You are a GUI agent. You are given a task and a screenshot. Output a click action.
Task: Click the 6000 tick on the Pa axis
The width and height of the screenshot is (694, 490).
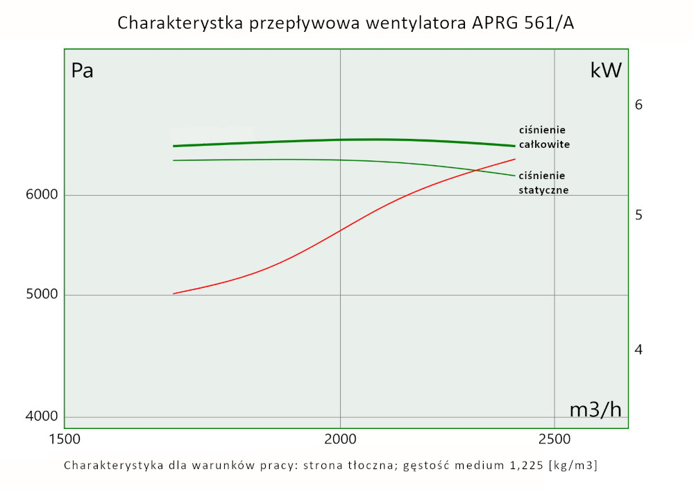[x=42, y=195]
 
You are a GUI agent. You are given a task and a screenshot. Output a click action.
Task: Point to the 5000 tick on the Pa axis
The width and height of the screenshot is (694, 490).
[x=42, y=296]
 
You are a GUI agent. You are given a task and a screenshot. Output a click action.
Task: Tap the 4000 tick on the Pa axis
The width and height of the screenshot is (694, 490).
[x=42, y=417]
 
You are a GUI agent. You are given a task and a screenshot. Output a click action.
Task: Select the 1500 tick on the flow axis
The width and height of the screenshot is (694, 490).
[x=65, y=439]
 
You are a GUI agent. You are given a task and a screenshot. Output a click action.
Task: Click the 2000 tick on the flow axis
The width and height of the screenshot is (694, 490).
[x=340, y=439]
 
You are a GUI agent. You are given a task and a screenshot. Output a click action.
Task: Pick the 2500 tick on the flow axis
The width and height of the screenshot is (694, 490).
[x=554, y=439]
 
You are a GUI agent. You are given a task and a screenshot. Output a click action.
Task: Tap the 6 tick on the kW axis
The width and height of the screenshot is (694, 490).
[x=639, y=105]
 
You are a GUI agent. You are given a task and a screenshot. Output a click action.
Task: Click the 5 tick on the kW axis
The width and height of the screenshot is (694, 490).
[x=639, y=215]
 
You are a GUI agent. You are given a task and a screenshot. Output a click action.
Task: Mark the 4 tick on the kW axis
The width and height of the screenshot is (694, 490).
[x=639, y=349]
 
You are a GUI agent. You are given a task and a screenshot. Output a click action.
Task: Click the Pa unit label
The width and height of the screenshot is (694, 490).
[x=83, y=71]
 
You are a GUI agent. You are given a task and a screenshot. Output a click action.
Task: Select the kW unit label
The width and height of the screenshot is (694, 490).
[x=605, y=70]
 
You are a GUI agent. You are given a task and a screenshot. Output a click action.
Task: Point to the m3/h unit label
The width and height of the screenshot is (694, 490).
[x=595, y=409]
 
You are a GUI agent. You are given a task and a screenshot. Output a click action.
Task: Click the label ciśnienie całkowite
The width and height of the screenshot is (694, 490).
[x=544, y=137]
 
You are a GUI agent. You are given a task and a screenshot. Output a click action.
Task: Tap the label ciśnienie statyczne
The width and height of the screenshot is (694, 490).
[x=543, y=183]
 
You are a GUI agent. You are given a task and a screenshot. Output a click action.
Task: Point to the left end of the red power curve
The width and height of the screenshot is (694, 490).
[x=173, y=294]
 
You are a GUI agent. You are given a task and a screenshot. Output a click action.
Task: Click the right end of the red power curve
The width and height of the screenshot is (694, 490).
[x=515, y=159]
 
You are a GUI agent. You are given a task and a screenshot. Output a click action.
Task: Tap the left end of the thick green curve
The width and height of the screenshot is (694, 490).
[x=173, y=146]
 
